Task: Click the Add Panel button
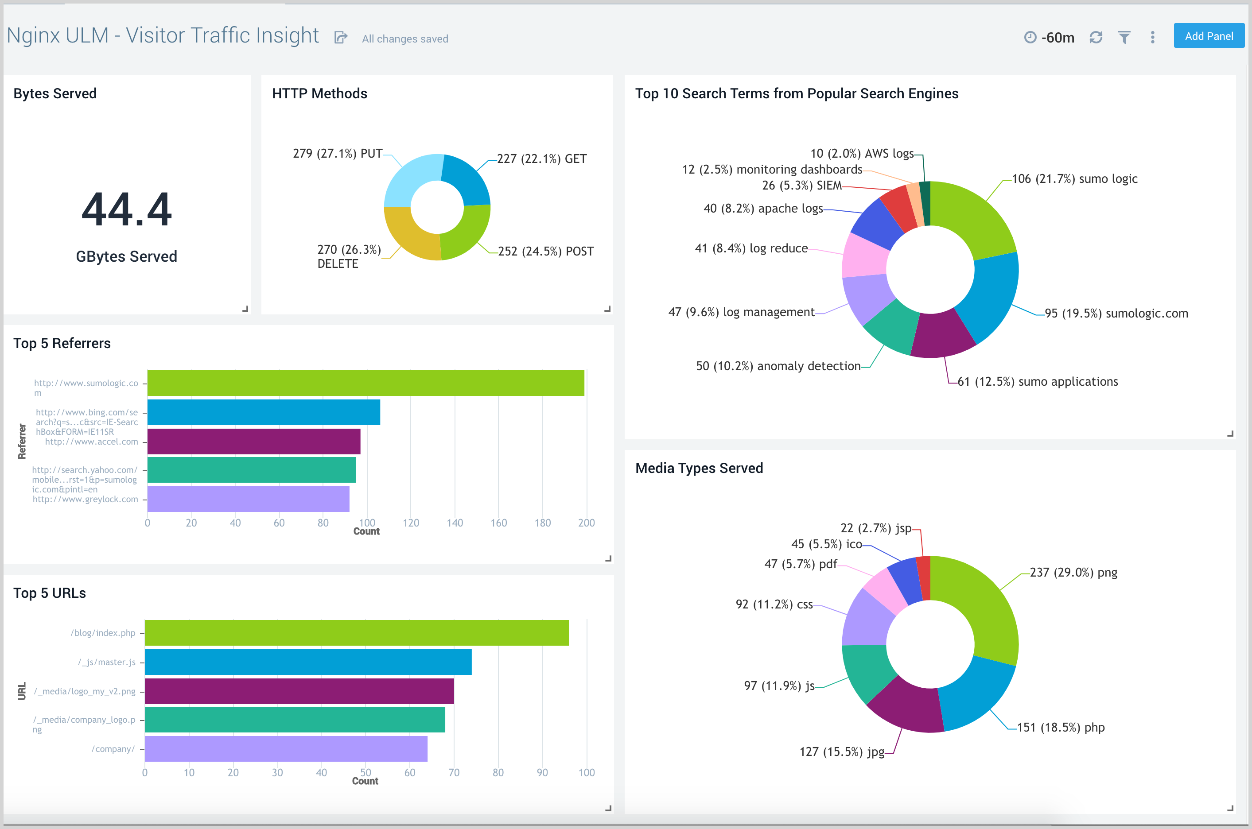pyautogui.click(x=1208, y=36)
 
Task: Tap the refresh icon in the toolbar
pyautogui.click(x=1096, y=38)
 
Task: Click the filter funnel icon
pyautogui.click(x=1124, y=38)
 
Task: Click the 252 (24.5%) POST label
pyautogui.click(x=545, y=252)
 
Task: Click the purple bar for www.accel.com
pyautogui.click(x=253, y=442)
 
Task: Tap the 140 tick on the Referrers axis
pyautogui.click(x=455, y=523)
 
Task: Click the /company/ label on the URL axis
pyautogui.click(x=113, y=749)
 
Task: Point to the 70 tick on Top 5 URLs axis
pyautogui.click(x=454, y=773)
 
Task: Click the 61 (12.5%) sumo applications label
pyautogui.click(x=1037, y=382)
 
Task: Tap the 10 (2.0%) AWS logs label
pyautogui.click(x=862, y=154)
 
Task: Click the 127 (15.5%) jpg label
pyautogui.click(x=842, y=752)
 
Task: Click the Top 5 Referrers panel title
pyautogui.click(x=62, y=344)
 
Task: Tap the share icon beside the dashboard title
pyautogui.click(x=341, y=38)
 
